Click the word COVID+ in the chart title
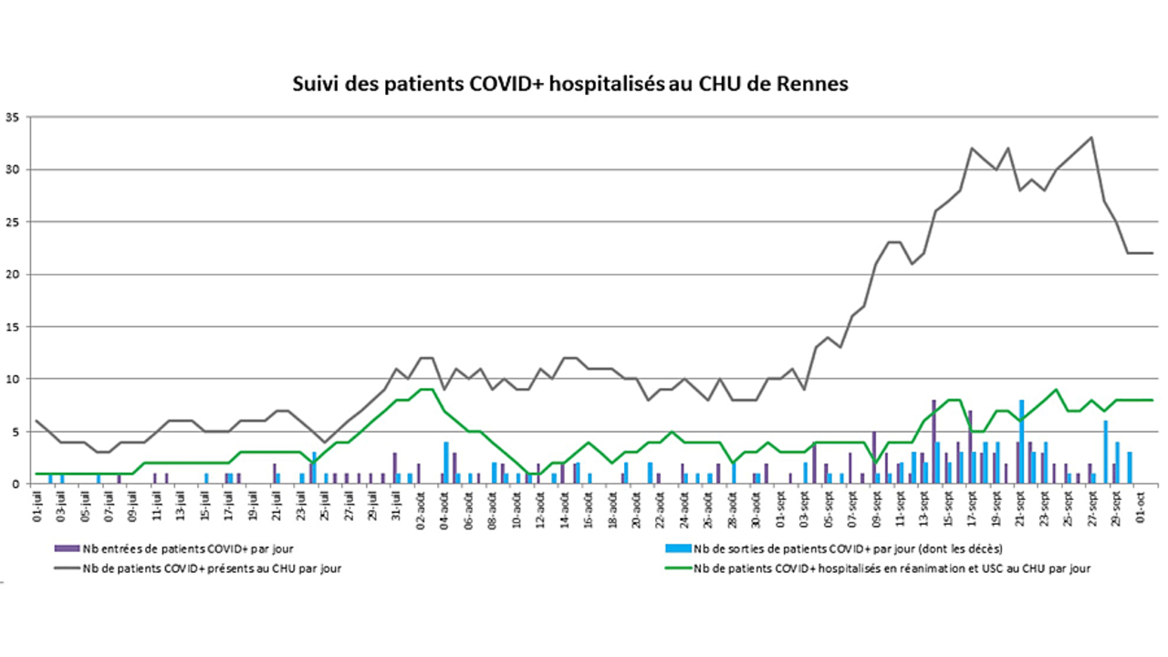click(x=504, y=84)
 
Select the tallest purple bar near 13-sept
click(x=933, y=443)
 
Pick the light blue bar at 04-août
click(x=446, y=463)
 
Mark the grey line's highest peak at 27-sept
click(x=1091, y=138)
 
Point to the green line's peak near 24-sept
click(x=1056, y=390)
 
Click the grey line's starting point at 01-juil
click(x=36, y=421)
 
